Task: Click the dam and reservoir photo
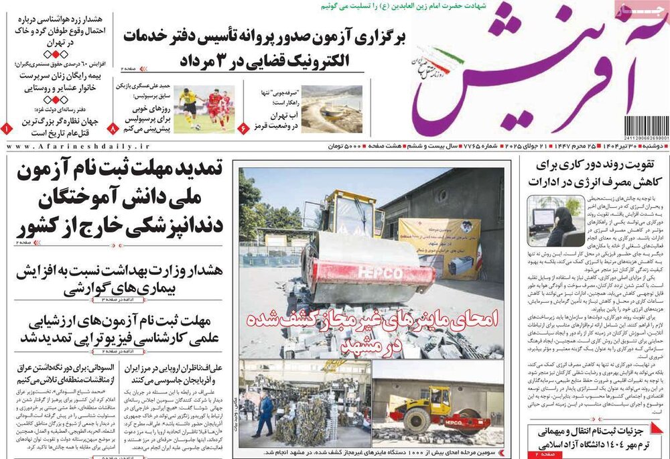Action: (331, 109)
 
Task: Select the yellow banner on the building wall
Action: (440, 247)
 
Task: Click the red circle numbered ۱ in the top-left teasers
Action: (5, 127)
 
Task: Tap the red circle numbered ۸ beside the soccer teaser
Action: (113, 127)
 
